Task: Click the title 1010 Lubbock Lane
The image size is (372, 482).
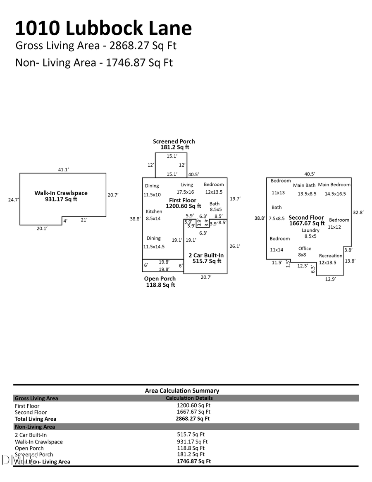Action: click(x=103, y=28)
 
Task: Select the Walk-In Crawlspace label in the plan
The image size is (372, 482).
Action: click(x=61, y=193)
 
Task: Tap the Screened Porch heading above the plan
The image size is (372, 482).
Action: click(x=174, y=141)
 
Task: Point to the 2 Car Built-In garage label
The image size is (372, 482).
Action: click(x=206, y=255)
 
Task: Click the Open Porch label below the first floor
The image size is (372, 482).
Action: click(x=160, y=278)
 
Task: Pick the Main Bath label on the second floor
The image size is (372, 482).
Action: click(x=304, y=185)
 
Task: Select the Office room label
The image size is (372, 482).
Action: click(x=305, y=248)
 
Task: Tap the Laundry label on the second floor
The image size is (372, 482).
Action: click(x=310, y=230)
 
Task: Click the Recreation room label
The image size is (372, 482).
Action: click(x=330, y=256)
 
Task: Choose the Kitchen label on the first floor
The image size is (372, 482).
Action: click(x=154, y=211)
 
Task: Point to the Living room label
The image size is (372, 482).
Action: click(x=187, y=185)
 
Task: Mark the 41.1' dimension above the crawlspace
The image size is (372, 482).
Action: click(x=63, y=170)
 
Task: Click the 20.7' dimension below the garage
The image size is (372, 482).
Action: click(x=206, y=277)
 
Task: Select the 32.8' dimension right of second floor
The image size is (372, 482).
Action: click(x=358, y=212)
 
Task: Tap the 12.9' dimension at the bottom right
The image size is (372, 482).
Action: click(x=331, y=279)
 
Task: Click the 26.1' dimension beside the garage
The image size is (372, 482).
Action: click(x=235, y=246)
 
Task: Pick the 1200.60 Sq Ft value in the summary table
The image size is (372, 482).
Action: click(x=193, y=405)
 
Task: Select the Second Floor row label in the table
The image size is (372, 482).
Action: click(x=31, y=412)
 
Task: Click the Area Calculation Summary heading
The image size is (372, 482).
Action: click(x=182, y=391)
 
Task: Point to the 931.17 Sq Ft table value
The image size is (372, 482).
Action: click(x=192, y=441)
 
